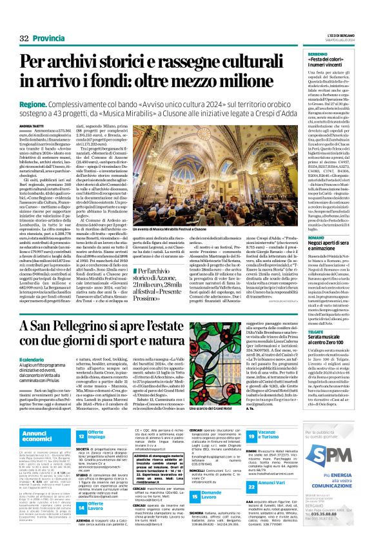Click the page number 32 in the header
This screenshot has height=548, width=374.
(x=25, y=21)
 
